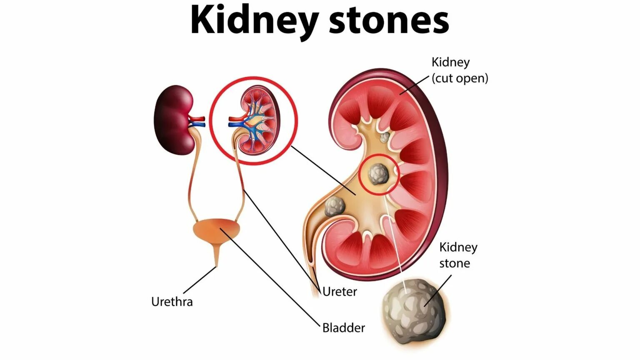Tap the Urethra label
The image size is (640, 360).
click(x=172, y=302)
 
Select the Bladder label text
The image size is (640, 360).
click(x=343, y=328)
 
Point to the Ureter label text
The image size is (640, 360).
click(x=340, y=292)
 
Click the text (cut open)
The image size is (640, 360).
click(x=460, y=78)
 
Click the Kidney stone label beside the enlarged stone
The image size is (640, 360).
click(x=457, y=255)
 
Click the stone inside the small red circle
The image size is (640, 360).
click(x=378, y=174)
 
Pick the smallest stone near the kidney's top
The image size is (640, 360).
click(x=385, y=137)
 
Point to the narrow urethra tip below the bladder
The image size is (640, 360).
click(x=216, y=261)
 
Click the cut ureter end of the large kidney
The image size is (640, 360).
click(x=315, y=290)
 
